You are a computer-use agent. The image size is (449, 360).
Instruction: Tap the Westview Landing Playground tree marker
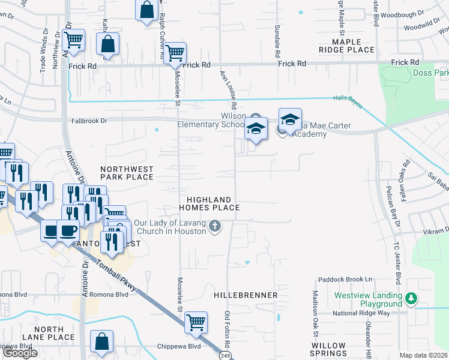[x=411, y=298]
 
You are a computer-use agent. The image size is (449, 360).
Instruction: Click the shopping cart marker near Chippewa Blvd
[x=196, y=323]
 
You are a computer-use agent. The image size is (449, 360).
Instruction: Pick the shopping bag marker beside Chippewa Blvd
[x=102, y=341]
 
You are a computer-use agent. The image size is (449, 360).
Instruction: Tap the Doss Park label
[x=431, y=73]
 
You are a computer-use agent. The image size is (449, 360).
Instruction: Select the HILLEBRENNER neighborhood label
[x=246, y=295]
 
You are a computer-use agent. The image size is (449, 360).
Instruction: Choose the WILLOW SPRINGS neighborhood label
[x=328, y=350]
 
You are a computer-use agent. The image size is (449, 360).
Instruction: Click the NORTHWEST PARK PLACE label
[x=127, y=173]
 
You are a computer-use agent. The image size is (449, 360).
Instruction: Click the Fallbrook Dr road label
[x=87, y=121]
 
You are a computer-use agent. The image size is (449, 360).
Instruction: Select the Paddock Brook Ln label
[x=345, y=279]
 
